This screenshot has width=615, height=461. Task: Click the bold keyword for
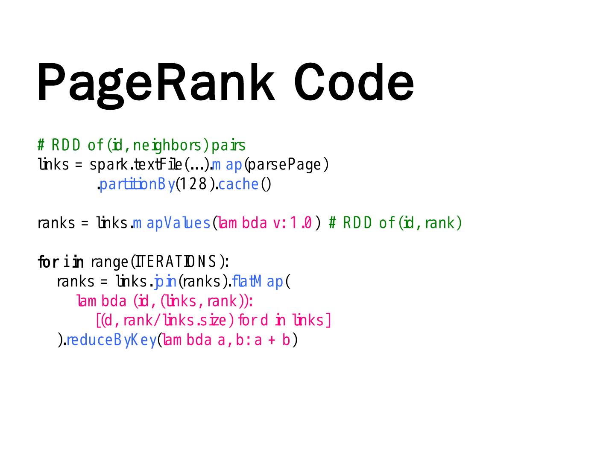click(x=47, y=262)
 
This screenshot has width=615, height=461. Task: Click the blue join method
click(x=165, y=282)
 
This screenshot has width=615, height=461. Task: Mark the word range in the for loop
click(x=109, y=262)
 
